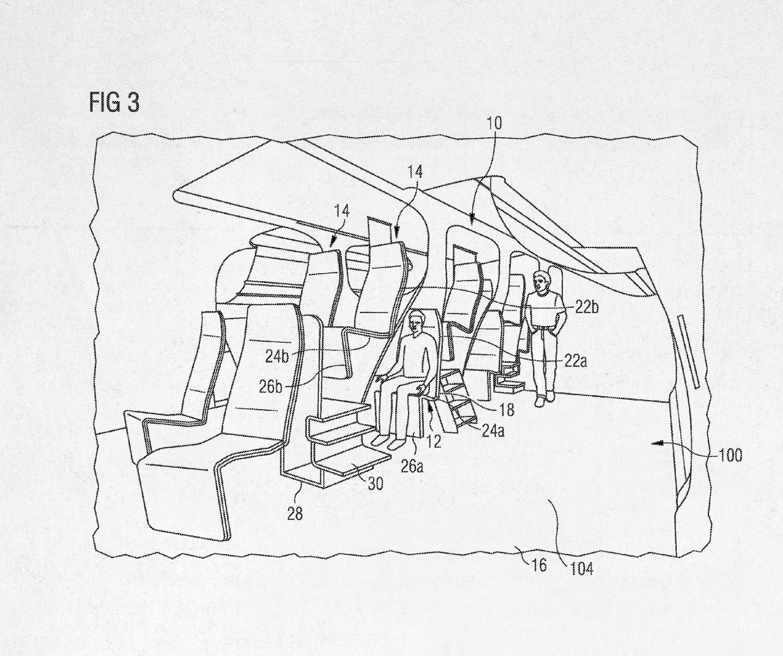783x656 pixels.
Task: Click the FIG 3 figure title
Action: point(114,102)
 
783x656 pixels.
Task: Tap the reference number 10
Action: point(494,123)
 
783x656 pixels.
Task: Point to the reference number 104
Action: point(581,568)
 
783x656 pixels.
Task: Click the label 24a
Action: point(492,430)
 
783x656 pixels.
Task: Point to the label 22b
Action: point(587,309)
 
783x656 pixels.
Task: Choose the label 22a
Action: point(576,362)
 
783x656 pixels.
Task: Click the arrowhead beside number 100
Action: point(656,447)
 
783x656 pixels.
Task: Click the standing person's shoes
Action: point(546,399)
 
